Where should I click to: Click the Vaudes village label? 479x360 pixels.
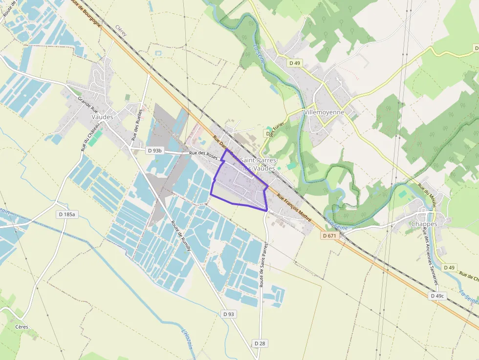click(102, 117)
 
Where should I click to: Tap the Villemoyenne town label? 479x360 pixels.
click(324, 112)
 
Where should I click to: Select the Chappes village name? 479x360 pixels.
click(424, 224)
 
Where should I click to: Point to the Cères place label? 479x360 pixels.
click(22, 327)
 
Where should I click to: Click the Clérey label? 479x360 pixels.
click(121, 31)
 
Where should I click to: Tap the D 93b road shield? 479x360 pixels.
click(154, 151)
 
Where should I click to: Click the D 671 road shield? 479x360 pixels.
click(330, 235)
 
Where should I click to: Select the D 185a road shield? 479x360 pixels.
click(68, 214)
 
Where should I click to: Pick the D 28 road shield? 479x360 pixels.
click(260, 343)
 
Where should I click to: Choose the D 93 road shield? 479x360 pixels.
click(228, 314)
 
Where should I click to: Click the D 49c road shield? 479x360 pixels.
click(437, 296)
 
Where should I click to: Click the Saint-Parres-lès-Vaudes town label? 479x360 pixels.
click(258, 164)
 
